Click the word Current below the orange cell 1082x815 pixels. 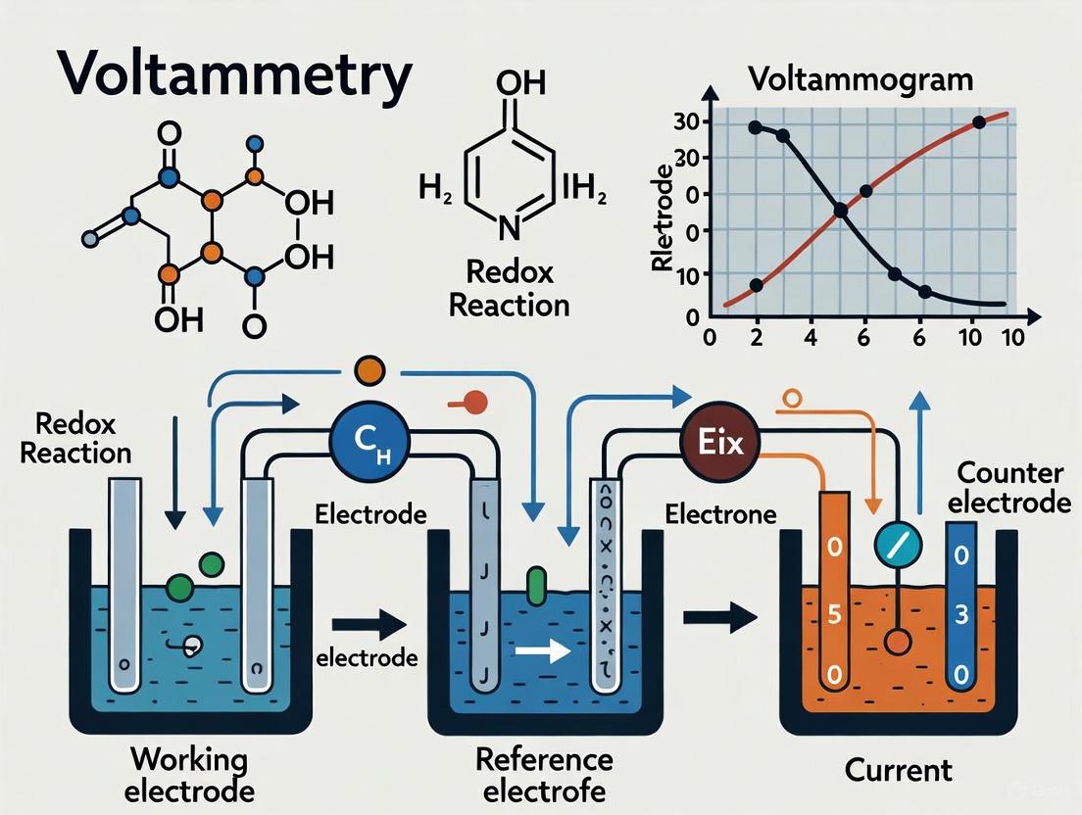pyautogui.click(x=899, y=769)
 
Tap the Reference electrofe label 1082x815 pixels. pyautogui.click(x=544, y=774)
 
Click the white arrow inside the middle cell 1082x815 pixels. pyautogui.click(x=543, y=652)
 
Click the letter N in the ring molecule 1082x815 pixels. pyautogui.click(x=509, y=230)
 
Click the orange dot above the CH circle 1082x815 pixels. pyautogui.click(x=367, y=371)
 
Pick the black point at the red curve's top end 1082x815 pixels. pyautogui.click(x=979, y=122)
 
